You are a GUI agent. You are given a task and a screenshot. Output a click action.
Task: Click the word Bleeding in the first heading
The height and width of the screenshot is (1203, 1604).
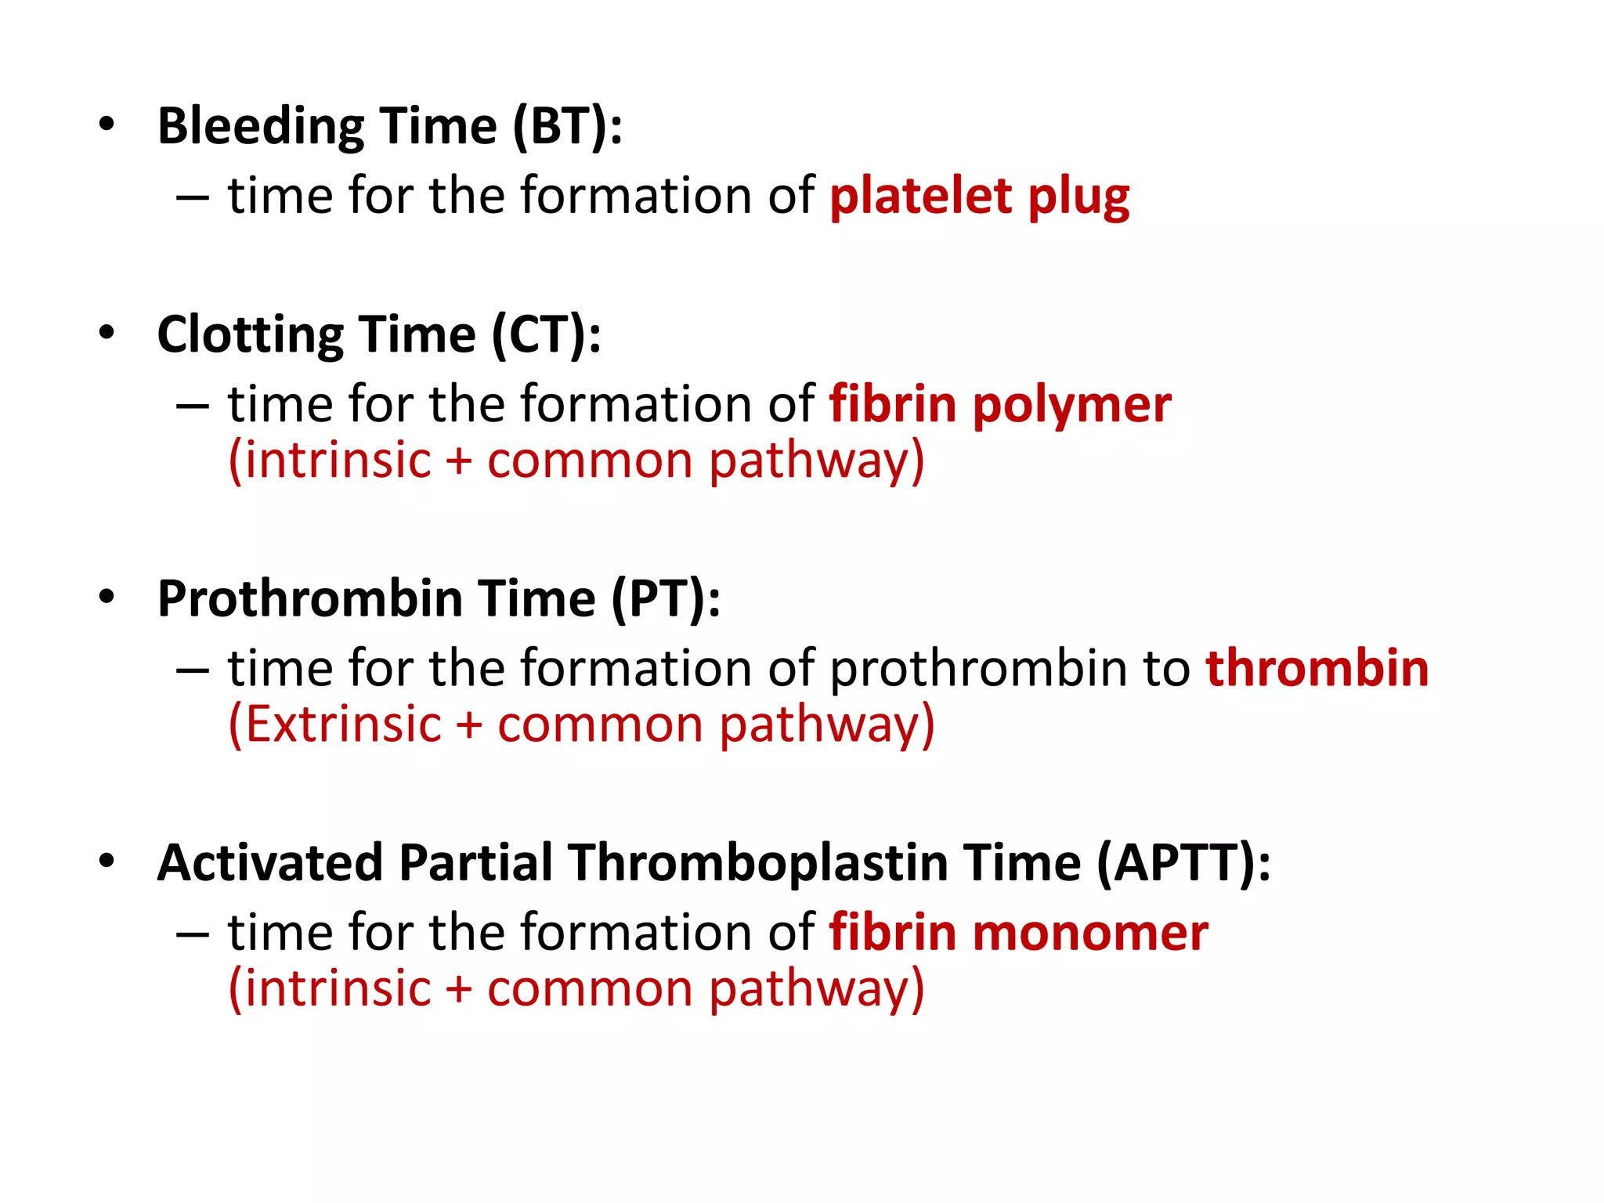pos(261,127)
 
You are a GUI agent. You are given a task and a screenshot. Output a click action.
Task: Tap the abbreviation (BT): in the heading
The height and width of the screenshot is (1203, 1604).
pos(568,127)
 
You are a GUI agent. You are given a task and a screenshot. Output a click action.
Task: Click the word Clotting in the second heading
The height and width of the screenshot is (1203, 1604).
pos(250,335)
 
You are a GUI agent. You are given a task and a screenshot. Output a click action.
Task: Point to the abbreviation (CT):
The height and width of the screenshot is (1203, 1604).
pos(547,335)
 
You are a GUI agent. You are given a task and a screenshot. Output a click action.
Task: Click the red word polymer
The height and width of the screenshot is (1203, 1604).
pos(1071,406)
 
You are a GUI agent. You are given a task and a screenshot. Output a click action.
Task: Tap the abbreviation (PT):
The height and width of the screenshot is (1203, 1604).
pos(666,599)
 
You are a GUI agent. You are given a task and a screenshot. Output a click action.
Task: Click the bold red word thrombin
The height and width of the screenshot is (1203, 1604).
pos(1317,669)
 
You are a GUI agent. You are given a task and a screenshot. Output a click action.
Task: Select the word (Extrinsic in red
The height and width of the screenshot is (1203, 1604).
pos(335,724)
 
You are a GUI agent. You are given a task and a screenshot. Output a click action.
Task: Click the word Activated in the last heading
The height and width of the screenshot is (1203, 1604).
pos(269,863)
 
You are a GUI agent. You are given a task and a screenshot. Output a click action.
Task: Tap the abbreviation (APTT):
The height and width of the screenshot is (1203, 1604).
pos(1183,863)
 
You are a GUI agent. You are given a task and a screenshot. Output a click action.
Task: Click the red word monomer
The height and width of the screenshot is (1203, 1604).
pos(1090,933)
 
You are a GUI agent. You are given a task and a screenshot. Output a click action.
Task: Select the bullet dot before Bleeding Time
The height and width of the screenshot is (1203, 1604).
pos(107,125)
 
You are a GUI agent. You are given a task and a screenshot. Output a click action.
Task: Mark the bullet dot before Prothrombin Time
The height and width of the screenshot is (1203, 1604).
pos(107,597)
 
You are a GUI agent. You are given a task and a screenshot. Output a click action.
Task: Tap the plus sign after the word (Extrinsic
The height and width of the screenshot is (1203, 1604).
pos(469,725)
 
